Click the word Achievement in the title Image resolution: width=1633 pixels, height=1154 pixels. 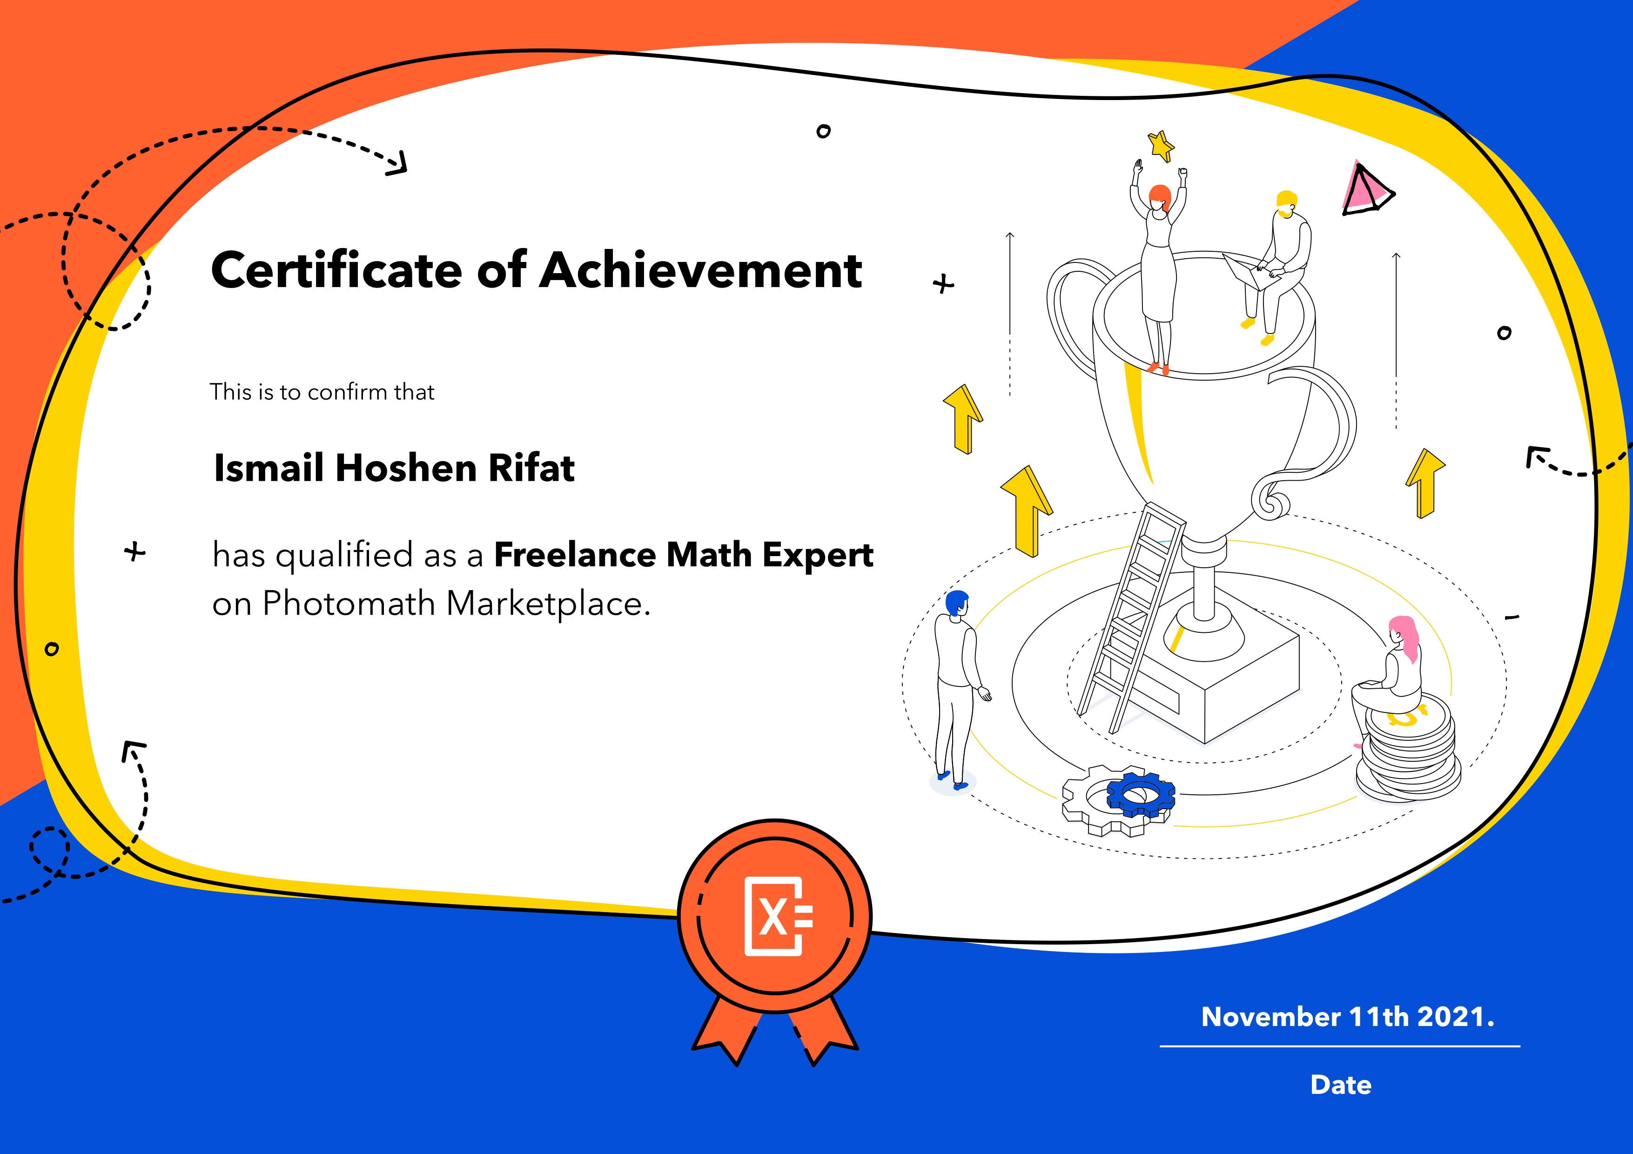tap(701, 270)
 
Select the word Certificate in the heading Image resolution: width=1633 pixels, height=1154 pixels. tap(336, 270)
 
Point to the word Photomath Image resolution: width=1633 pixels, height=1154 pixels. tap(349, 603)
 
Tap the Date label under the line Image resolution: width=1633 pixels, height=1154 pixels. tap(1341, 1085)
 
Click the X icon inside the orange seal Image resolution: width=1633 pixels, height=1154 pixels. tap(778, 917)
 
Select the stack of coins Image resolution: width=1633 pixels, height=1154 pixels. tap(1408, 750)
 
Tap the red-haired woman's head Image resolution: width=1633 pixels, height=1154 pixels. tap(1159, 198)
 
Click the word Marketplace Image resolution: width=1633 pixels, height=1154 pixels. tap(548, 603)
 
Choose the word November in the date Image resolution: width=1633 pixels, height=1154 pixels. tap(1270, 1017)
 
